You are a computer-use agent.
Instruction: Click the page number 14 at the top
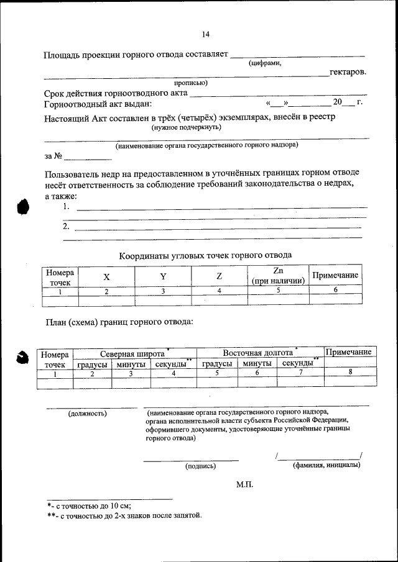point(206,34)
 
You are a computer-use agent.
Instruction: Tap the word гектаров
point(348,73)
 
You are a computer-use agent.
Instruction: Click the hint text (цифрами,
point(266,63)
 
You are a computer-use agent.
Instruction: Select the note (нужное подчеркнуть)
point(187,127)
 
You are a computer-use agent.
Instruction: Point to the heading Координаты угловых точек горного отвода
point(205,255)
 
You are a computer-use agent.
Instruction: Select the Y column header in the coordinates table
point(163,276)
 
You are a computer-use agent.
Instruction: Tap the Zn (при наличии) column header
point(278,276)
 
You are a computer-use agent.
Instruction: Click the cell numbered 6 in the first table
point(335,290)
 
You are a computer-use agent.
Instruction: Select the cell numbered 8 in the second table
point(350,373)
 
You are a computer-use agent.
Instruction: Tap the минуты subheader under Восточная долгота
point(257,363)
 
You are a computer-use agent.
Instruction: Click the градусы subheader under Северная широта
point(93,364)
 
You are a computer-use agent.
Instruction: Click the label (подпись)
point(200,465)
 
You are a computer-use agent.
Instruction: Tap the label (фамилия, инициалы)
point(326,465)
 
